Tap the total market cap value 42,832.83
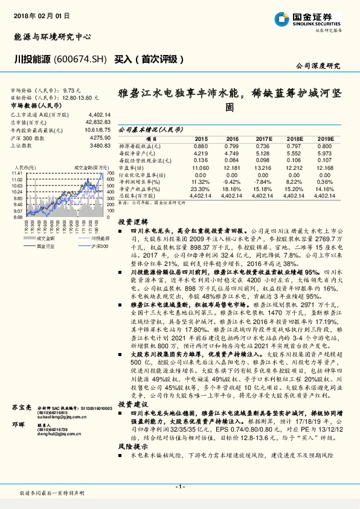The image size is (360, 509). pos(98,122)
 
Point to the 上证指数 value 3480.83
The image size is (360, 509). pos(100,146)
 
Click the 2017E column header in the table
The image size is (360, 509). pos(265,139)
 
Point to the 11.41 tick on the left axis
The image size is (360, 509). pos(16,173)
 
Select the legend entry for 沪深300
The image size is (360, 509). pos(90,246)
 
